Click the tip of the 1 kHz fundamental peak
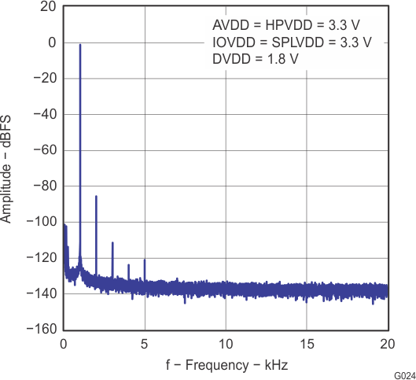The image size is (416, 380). [80, 46]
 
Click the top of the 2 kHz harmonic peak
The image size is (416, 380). [96, 197]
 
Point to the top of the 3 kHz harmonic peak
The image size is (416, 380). [112, 243]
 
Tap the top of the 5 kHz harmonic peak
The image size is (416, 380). [145, 260]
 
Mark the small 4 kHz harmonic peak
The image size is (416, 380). [128, 266]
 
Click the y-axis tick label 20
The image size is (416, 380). [48, 7]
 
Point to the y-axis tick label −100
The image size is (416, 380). [41, 222]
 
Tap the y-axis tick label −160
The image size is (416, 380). [41, 330]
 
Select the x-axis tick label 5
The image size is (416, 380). [145, 345]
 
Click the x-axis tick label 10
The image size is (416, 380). [226, 345]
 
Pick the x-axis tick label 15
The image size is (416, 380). [307, 345]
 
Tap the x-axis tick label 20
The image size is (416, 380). [387, 345]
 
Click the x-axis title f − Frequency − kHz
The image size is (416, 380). [226, 366]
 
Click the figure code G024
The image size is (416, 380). [404, 375]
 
